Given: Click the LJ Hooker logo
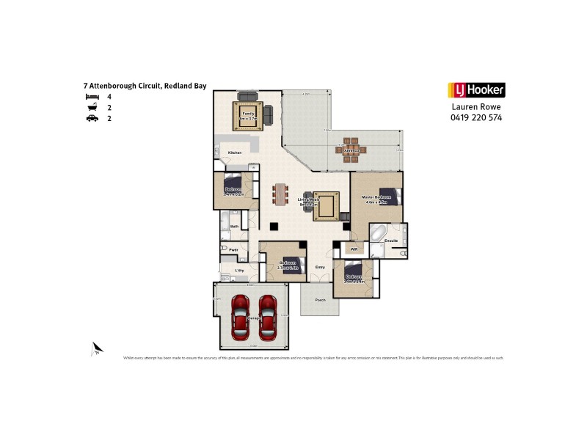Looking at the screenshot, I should [476, 90].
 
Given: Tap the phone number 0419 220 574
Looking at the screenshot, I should [476, 117].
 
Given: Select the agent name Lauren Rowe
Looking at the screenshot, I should [476, 106].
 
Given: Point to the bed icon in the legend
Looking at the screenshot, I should [92, 97].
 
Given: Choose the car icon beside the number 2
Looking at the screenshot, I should [92, 117].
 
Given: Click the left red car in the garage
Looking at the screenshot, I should [240, 317].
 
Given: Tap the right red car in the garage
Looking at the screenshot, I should [268, 317].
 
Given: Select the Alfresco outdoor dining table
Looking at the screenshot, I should [351, 150].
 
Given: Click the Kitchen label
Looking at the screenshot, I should [235, 153].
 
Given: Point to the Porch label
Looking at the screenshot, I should [320, 301].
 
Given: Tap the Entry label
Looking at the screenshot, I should [320, 267].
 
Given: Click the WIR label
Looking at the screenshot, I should [354, 249].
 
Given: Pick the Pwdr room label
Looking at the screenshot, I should [234, 250].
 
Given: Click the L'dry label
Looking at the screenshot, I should [239, 271].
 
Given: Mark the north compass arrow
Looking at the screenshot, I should [95, 349].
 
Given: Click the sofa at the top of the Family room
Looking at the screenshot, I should [247, 97].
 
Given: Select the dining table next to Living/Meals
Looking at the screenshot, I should [280, 194].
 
